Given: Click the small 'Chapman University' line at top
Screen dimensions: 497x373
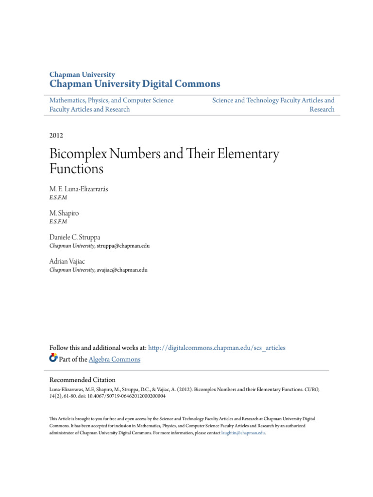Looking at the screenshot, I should point(83,74).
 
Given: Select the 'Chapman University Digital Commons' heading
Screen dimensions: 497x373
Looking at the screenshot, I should point(135,84).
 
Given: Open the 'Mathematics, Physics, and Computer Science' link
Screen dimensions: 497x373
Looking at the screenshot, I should point(111,100).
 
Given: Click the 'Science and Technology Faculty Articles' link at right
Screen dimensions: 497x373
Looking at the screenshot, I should point(273,100).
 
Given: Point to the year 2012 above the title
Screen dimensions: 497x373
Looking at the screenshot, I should point(56,135).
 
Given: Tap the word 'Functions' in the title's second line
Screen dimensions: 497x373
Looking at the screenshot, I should point(77,169).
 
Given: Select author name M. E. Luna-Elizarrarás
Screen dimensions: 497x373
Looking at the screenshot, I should point(79,189).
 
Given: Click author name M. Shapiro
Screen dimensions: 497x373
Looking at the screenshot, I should point(65,213).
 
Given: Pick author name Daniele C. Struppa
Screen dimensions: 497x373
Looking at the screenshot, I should point(75,237).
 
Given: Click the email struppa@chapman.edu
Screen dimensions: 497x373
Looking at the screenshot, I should point(123,246).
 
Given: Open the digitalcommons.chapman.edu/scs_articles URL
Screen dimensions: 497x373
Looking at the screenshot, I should point(217,348).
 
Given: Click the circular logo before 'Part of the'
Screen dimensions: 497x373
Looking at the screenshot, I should point(53,359).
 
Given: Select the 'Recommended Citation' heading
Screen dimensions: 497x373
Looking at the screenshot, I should point(83,380).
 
